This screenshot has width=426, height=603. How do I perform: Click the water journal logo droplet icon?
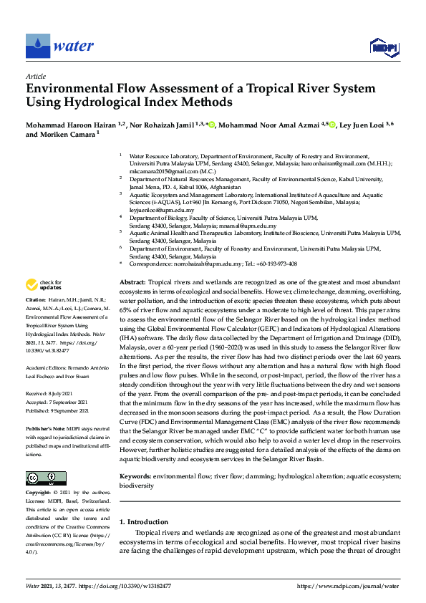click(37, 47)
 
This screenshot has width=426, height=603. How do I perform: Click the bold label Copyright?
click(39, 493)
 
